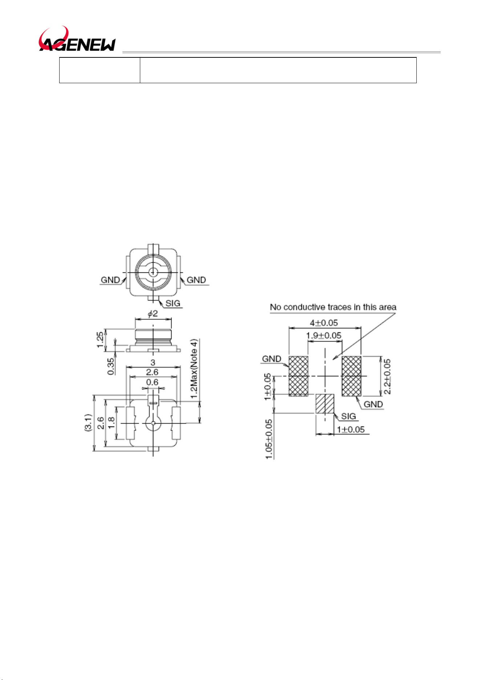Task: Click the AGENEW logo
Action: coord(77,39)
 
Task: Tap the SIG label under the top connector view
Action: coord(173,303)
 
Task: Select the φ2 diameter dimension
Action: coord(153,313)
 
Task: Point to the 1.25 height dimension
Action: coord(100,340)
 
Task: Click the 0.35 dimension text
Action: coord(111,366)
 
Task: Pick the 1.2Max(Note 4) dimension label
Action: coord(194,369)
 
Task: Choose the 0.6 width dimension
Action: coord(152,382)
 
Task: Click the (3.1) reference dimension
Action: coord(88,422)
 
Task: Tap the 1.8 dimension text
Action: coord(112,422)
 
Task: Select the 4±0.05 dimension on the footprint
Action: coord(324,323)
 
